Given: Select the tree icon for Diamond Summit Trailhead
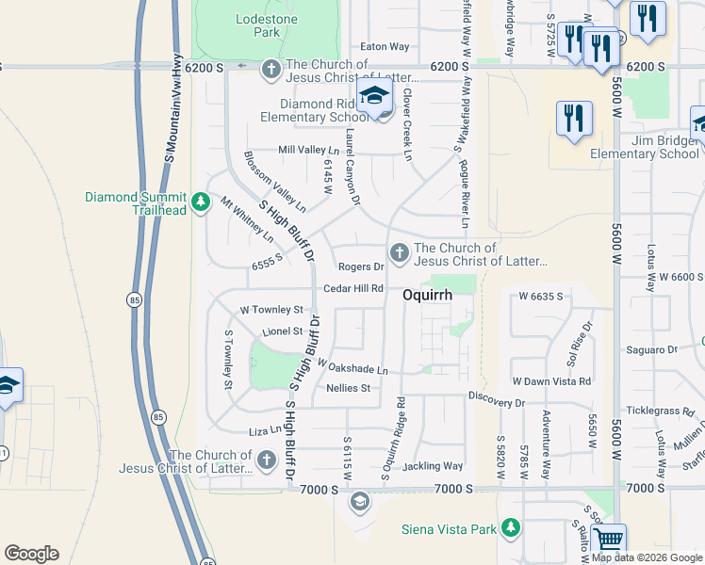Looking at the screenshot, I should [x=200, y=202].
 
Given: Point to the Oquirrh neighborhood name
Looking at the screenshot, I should [x=428, y=295].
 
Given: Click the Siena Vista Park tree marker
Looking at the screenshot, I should [x=511, y=526].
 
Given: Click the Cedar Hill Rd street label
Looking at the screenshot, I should [x=353, y=288].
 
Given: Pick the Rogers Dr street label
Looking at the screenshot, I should [x=360, y=267].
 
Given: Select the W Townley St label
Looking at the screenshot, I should [x=271, y=309].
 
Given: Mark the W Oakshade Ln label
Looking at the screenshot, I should [x=352, y=366].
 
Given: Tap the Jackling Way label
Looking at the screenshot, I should [x=433, y=466].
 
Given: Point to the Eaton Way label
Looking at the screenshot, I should [x=385, y=46].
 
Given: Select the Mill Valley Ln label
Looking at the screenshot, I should [x=308, y=150].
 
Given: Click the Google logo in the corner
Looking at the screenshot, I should [x=31, y=554].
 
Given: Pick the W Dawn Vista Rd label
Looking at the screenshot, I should [x=551, y=381].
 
